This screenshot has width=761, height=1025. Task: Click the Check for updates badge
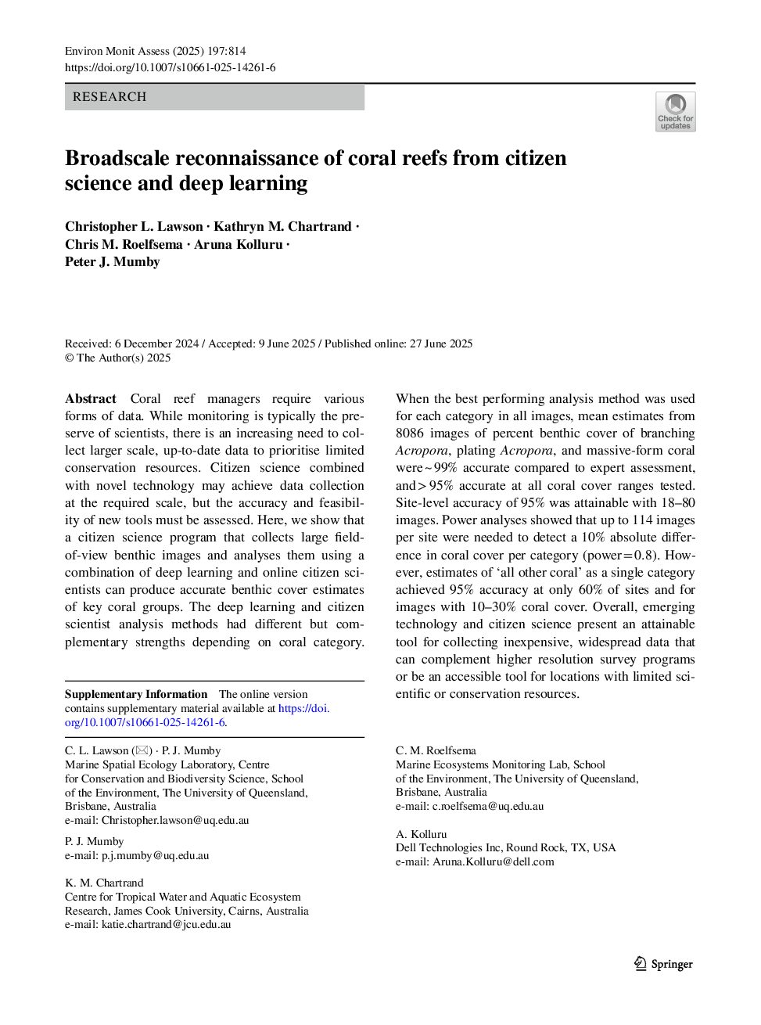point(675,111)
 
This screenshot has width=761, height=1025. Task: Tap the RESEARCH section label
point(109,97)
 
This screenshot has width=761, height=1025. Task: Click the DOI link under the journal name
point(170,67)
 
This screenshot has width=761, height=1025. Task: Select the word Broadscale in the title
point(117,158)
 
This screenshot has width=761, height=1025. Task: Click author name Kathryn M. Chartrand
point(282,226)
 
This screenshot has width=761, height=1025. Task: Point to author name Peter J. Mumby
point(113,261)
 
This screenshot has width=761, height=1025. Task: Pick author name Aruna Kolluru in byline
point(239,244)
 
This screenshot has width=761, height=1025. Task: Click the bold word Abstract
point(91,398)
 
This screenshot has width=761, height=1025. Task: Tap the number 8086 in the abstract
point(411,433)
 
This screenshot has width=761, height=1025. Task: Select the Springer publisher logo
point(663,964)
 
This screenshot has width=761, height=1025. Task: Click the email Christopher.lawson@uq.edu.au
point(175,820)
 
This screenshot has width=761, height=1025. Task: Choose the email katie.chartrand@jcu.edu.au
point(167,924)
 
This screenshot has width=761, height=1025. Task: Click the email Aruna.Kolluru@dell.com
point(494,861)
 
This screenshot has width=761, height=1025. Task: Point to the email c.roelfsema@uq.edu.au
point(488,806)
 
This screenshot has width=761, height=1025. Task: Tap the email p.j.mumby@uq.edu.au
point(155,855)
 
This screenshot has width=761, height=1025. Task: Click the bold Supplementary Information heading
point(136,694)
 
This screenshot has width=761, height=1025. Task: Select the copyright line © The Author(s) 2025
point(117,358)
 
